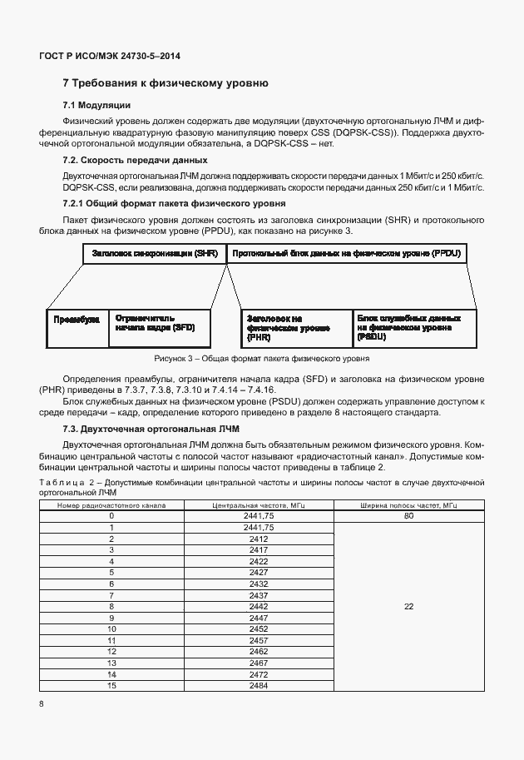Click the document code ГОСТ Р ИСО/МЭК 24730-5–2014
click(x=110, y=57)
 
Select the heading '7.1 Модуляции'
click(x=96, y=105)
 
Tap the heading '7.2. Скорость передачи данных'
click(x=135, y=160)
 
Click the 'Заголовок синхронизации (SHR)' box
click(x=154, y=253)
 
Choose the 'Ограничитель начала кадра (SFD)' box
click(x=159, y=324)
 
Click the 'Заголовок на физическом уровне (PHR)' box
click(x=295, y=329)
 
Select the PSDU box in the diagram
click(x=413, y=329)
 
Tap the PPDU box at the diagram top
click(x=347, y=253)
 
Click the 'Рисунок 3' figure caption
click(x=261, y=359)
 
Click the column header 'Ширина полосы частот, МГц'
click(x=408, y=505)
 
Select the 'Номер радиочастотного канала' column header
click(x=111, y=505)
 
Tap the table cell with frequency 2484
click(x=258, y=685)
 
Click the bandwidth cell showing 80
click(x=408, y=516)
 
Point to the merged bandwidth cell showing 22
click(x=408, y=607)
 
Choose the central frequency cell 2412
click(x=258, y=539)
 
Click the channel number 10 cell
click(x=111, y=629)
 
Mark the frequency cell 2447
click(x=258, y=618)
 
